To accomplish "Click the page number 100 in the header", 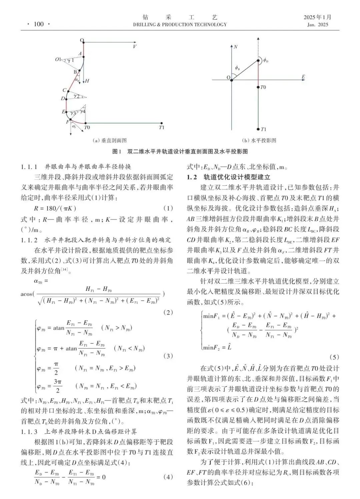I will pos(39,24).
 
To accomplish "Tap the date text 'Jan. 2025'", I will pos(317,24).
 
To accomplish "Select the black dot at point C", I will pos(68,91).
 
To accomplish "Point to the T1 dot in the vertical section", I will pos(162,123).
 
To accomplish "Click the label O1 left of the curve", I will pos(58,60).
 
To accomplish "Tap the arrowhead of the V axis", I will pos(135,42).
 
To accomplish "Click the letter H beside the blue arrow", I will pos(87,81).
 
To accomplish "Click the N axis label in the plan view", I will pos(235,47).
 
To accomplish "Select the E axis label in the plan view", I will pos(303,77).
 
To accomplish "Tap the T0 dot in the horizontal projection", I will pos(258,87).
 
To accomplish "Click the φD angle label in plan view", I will pos(266,60).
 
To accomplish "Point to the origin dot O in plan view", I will pos(232,80).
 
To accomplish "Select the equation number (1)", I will pos(168,208).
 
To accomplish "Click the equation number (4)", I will pos(168,477).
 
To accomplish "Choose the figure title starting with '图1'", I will pos(180,151).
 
